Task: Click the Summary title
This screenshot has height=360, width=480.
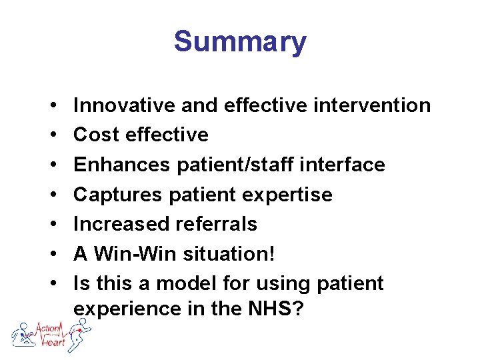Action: pyautogui.click(x=240, y=42)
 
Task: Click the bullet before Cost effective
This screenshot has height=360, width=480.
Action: pyautogui.click(x=51, y=135)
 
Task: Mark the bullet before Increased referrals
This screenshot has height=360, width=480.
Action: pyautogui.click(x=51, y=223)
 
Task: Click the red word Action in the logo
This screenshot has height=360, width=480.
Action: pyautogui.click(x=49, y=328)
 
